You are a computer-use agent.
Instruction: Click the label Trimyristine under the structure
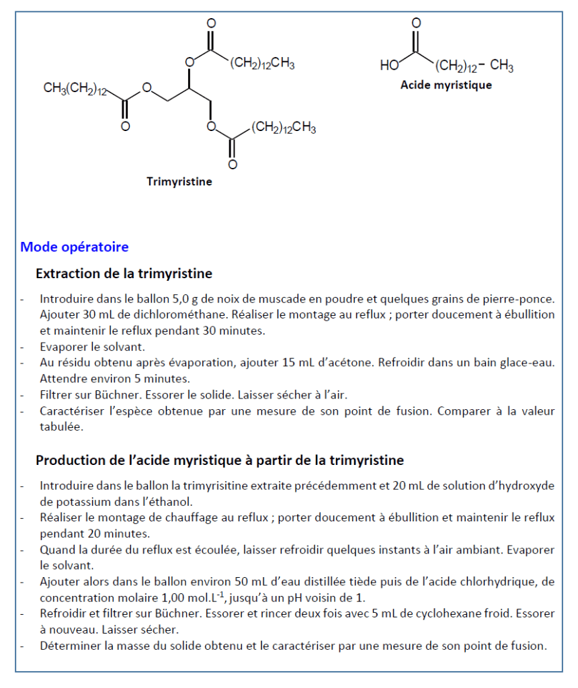[179, 181]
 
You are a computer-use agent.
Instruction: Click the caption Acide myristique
[446, 85]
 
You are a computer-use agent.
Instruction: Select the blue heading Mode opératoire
[74, 247]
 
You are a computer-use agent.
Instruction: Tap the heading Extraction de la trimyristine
[124, 273]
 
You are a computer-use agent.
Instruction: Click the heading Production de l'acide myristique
[220, 460]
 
